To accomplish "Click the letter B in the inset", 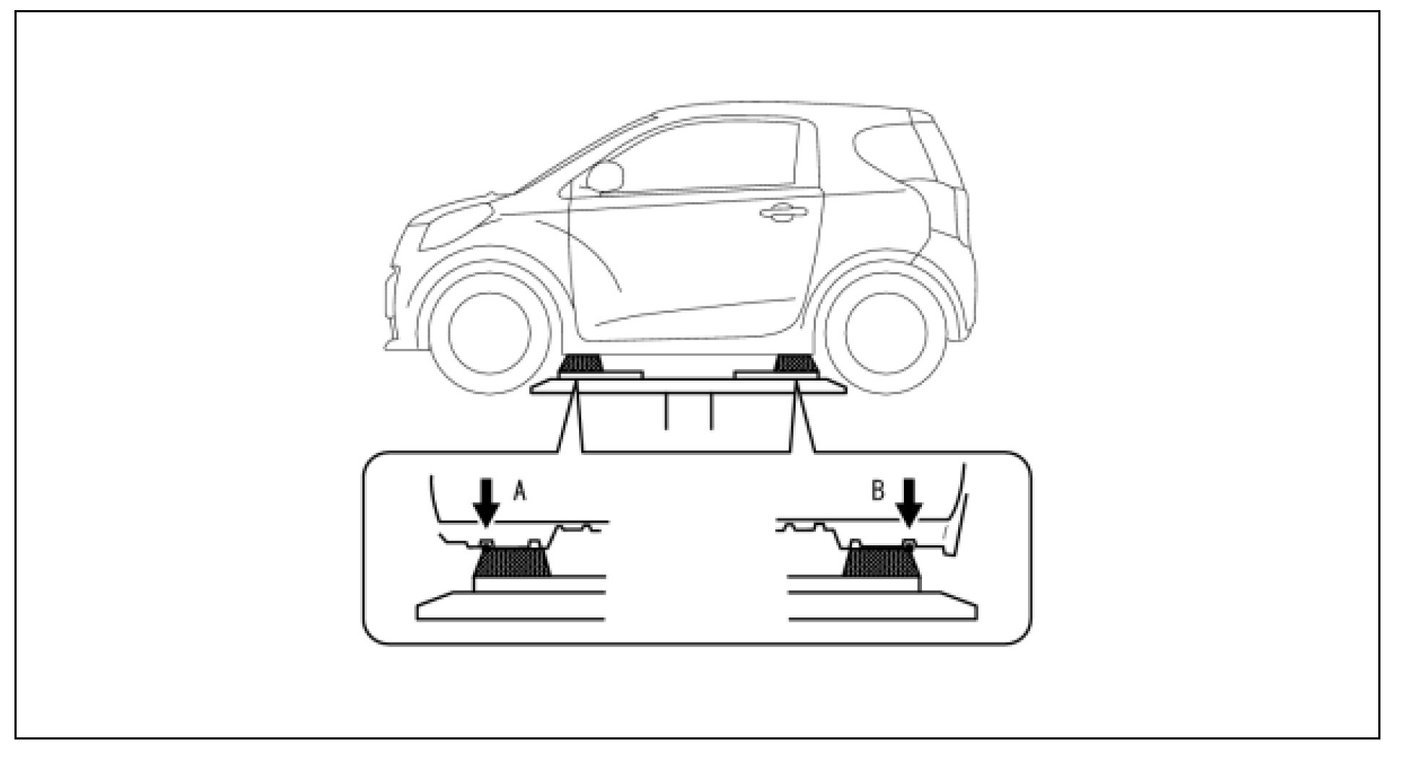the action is tap(878, 491).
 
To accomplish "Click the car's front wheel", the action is tap(490, 332).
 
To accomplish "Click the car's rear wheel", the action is tap(885, 332).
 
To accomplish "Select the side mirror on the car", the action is tap(604, 178).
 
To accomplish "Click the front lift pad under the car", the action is tap(581, 363).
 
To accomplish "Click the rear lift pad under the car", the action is tap(795, 363).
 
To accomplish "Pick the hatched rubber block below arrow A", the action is tap(511, 561).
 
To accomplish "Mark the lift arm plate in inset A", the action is tap(510, 605).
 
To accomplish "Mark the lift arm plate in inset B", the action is tap(883, 605).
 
